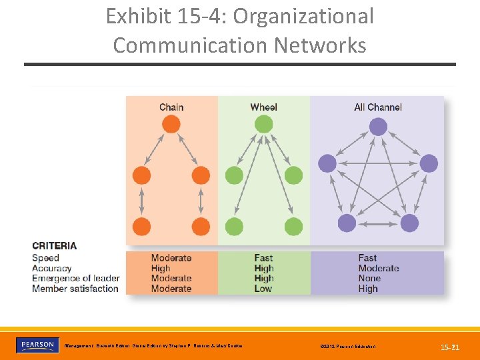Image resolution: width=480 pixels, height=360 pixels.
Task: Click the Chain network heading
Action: tap(171, 107)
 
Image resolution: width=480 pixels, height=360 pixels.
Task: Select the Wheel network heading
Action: tap(263, 107)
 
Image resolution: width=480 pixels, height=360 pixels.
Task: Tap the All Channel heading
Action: tap(378, 107)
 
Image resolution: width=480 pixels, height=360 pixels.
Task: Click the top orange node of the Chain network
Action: tap(171, 125)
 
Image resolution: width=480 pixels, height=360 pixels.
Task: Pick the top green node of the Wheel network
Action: tap(263, 125)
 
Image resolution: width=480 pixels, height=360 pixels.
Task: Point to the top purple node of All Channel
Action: tap(378, 126)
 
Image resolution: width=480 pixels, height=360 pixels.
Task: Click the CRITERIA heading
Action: tap(54, 245)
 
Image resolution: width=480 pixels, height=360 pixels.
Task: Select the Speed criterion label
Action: tap(45, 258)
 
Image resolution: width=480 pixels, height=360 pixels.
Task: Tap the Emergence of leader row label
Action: tap(75, 278)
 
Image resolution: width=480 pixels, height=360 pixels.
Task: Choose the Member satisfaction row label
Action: tap(75, 289)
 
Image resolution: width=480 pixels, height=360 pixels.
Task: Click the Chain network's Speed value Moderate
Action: tap(171, 258)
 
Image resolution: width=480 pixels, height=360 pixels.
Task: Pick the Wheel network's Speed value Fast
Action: tap(263, 258)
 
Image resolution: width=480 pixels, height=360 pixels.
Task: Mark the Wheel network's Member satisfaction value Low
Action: tap(263, 289)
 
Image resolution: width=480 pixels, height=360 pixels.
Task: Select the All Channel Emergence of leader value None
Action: tap(369, 278)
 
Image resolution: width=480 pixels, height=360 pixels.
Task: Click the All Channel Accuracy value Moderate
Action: tap(379, 268)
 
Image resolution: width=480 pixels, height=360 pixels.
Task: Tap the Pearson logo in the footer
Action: tap(37, 345)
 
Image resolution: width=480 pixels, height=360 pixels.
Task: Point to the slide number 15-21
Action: tap(450, 347)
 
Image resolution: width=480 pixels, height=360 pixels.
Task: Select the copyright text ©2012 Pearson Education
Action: tap(347, 347)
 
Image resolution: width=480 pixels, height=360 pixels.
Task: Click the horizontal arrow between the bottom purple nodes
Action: tap(378, 223)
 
